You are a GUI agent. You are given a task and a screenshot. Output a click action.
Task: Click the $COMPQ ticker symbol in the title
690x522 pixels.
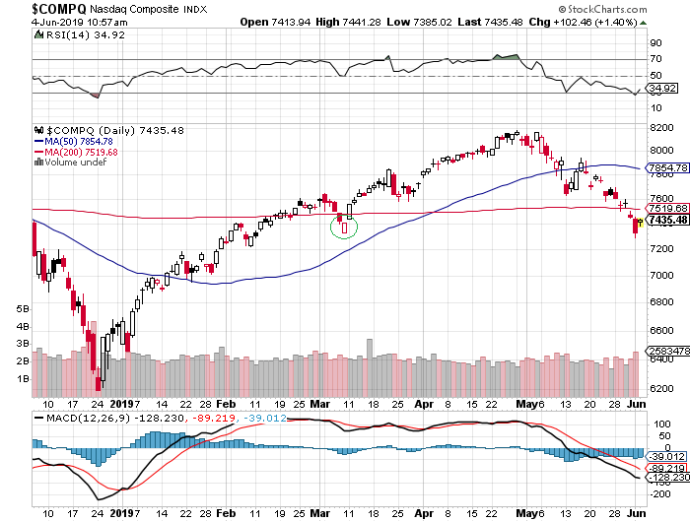pos(36,9)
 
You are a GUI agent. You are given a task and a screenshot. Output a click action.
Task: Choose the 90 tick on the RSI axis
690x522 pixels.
pos(654,43)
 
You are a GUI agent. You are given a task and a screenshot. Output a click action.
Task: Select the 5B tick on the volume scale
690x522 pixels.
pos(23,308)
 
